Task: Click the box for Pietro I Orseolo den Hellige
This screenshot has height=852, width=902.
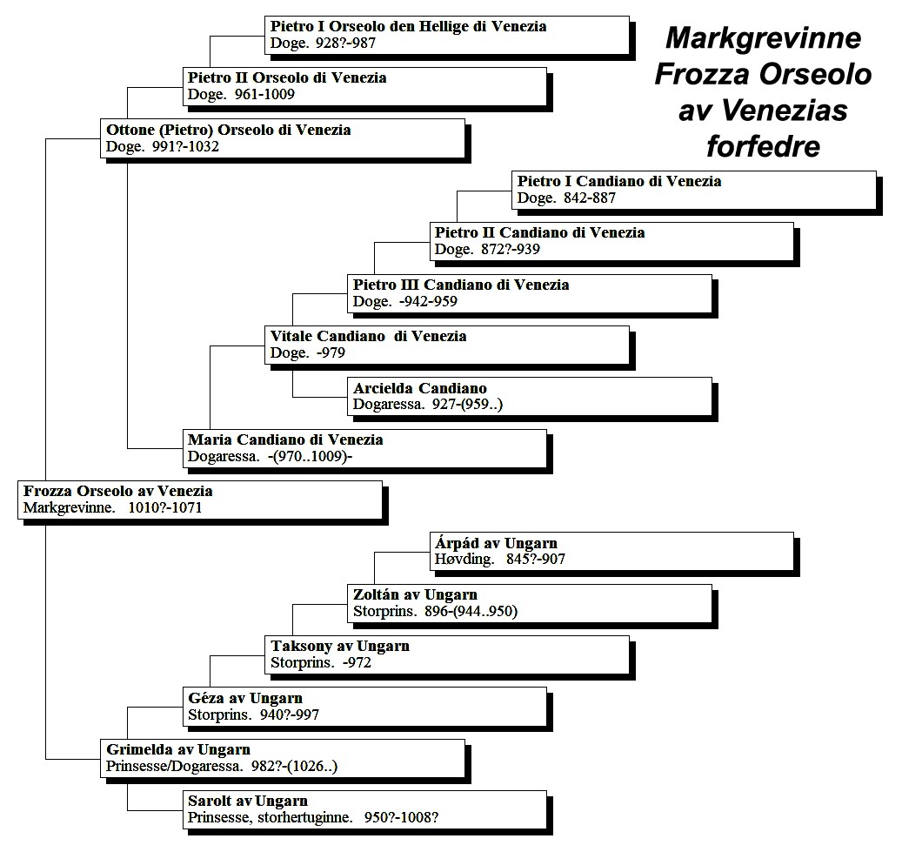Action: pos(447,36)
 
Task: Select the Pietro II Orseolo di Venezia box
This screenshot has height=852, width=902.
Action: pos(364,87)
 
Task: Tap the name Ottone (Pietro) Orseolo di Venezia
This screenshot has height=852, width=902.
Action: pos(229,130)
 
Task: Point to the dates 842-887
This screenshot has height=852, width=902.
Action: pos(591,198)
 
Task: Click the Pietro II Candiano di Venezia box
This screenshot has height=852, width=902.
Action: pos(611,242)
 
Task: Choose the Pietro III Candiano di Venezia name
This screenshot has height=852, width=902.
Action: pos(461,285)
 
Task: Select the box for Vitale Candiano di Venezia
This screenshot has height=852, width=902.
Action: pos(447,345)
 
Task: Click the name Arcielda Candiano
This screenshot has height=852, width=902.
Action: pos(420,388)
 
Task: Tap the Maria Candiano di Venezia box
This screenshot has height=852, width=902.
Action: pos(364,448)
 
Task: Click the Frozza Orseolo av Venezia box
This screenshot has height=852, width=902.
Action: pos(200,500)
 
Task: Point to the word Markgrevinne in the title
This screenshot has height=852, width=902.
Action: pos(764,38)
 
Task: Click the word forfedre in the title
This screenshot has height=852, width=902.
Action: pos(764,146)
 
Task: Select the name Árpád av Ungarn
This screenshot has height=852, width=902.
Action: pos(496,543)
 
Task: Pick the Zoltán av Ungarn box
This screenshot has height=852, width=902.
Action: pos(529,604)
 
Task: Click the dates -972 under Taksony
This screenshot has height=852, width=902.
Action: pos(357,663)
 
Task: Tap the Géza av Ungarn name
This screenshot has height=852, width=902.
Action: pos(245,698)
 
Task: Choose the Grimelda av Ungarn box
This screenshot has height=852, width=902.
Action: pos(283,759)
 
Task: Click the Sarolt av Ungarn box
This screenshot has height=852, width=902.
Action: pos(364,810)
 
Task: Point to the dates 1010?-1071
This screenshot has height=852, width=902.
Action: pos(165,507)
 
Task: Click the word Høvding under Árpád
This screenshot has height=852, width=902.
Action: pos(464,559)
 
